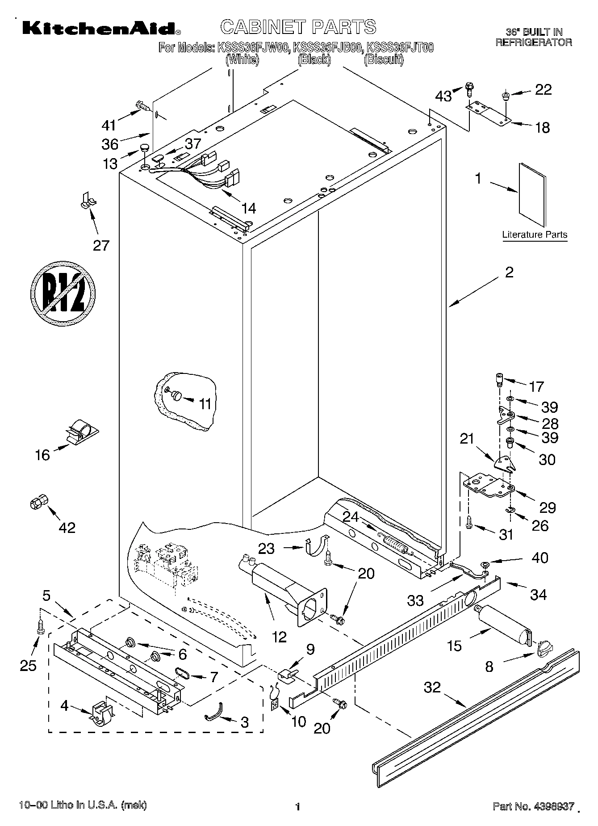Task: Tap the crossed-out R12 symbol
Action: point(63,293)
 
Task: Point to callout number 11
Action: point(205,403)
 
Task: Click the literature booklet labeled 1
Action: point(532,195)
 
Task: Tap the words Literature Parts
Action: point(535,235)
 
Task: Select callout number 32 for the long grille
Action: point(432,687)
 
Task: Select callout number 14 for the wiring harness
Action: point(248,208)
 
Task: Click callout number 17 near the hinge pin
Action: point(536,386)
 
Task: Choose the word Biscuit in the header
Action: point(383,59)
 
